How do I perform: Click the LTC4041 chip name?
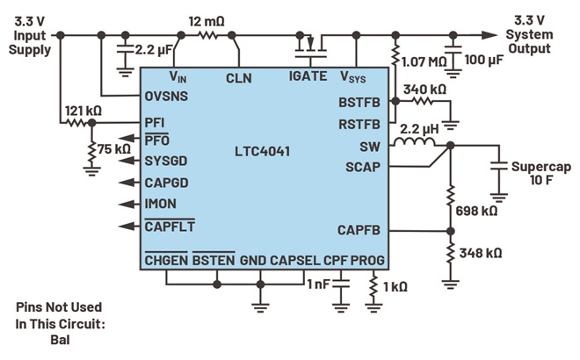pos(262,152)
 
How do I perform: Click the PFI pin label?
pos(154,122)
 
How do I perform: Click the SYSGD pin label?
pos(165,161)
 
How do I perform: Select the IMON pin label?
pos(161,204)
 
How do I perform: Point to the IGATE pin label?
pos(308,77)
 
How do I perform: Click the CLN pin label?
pos(238,78)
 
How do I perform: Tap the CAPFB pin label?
pos(359,230)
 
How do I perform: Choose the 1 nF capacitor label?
pos(317,284)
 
